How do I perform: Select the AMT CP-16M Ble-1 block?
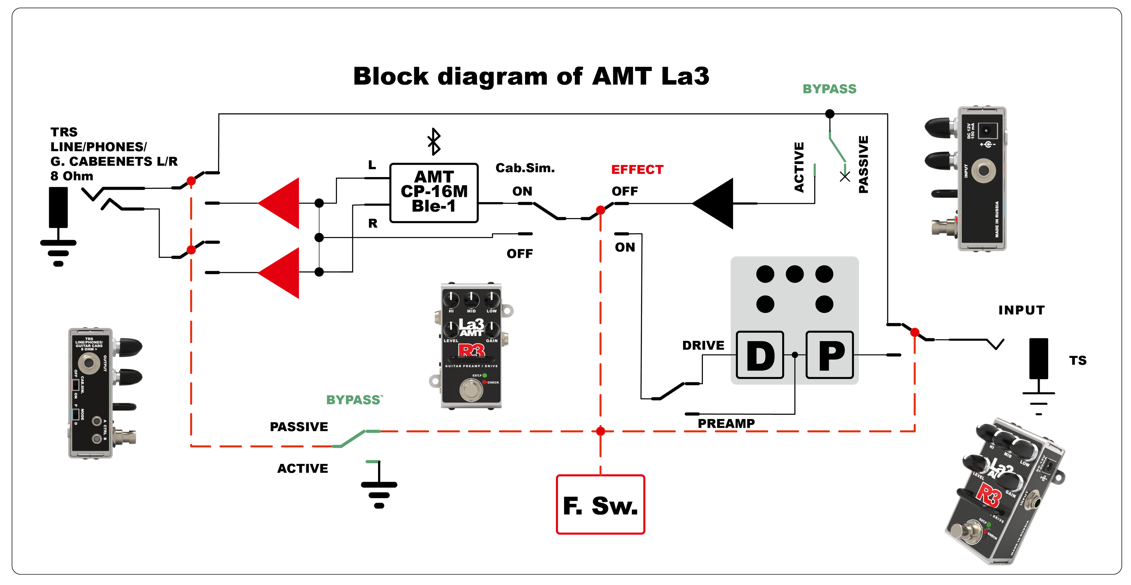[x=434, y=193]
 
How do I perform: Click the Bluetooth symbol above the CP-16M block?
[x=434, y=141]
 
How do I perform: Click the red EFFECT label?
[x=637, y=169]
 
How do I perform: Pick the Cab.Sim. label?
[x=525, y=168]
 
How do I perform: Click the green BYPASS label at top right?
[x=829, y=89]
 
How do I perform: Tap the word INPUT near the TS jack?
[x=1021, y=310]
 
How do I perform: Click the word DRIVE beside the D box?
[x=703, y=346]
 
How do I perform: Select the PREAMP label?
[x=726, y=423]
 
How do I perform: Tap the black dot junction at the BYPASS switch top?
[x=829, y=114]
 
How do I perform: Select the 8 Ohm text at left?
[x=72, y=176]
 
